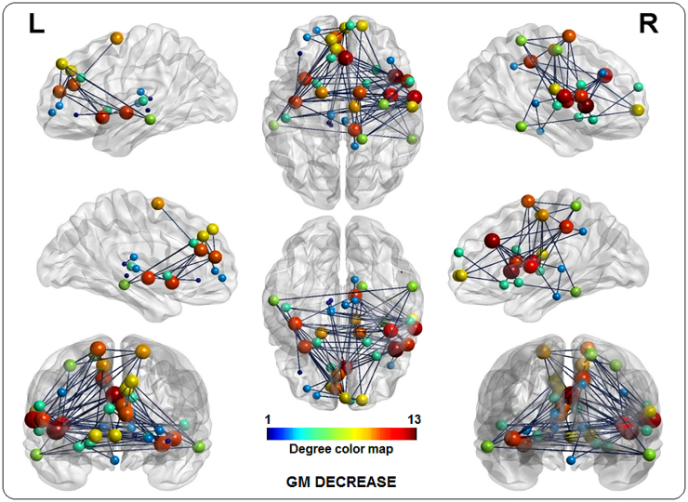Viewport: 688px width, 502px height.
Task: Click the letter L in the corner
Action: [36, 25]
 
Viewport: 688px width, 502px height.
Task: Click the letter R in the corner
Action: [648, 25]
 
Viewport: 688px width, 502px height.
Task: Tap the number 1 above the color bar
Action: [269, 417]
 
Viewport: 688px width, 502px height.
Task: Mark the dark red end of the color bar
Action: [412, 432]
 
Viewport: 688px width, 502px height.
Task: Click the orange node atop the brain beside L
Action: [117, 38]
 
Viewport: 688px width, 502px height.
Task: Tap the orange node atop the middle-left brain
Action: [158, 203]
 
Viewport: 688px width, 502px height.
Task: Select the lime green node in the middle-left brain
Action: [124, 284]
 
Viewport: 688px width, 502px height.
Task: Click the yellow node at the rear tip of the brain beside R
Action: [638, 110]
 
